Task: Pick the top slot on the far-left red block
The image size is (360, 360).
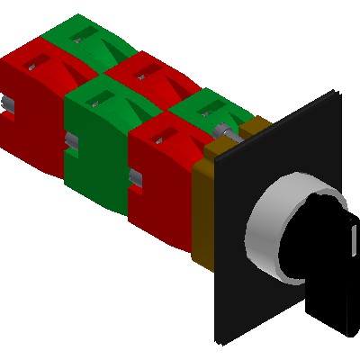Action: (36, 63)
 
